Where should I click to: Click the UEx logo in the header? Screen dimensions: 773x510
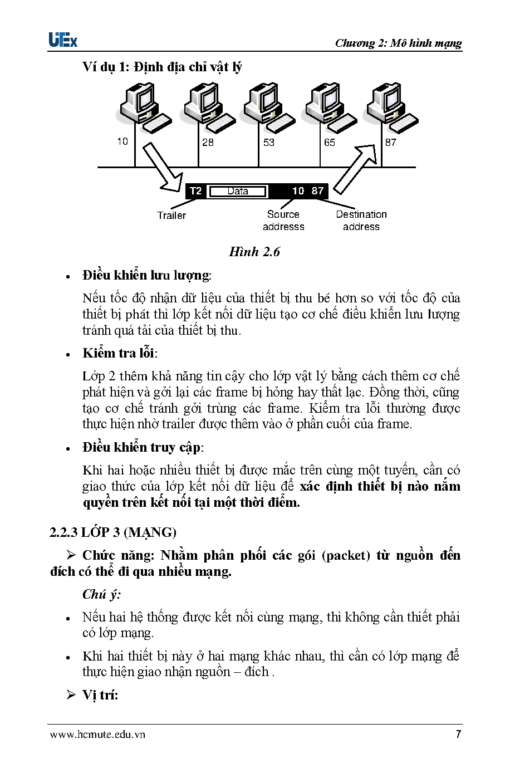(63, 40)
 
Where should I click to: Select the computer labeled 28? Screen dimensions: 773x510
(208, 106)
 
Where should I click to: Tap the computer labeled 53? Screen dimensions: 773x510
(269, 106)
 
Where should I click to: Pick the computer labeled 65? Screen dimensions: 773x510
(331, 106)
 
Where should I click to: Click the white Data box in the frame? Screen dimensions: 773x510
(238, 192)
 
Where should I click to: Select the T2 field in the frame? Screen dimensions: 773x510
(195, 192)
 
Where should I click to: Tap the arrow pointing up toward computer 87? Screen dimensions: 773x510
(357, 165)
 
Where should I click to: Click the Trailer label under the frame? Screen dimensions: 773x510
(171, 216)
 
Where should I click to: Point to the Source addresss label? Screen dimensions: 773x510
(283, 221)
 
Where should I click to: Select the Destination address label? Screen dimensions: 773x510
(361, 221)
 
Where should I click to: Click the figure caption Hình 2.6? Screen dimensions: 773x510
(254, 252)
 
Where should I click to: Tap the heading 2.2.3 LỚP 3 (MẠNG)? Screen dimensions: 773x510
(113, 532)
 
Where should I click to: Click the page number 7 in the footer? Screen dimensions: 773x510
(458, 734)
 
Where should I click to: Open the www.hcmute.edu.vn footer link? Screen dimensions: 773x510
(97, 734)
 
